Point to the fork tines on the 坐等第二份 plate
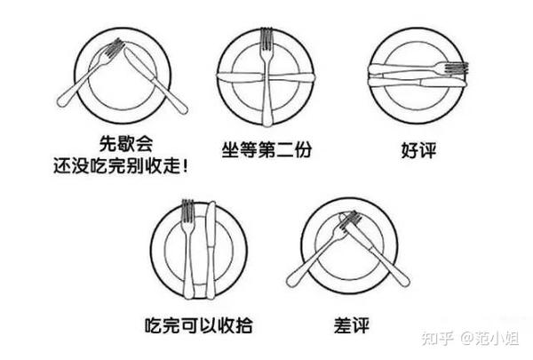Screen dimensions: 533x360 (266, 40)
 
